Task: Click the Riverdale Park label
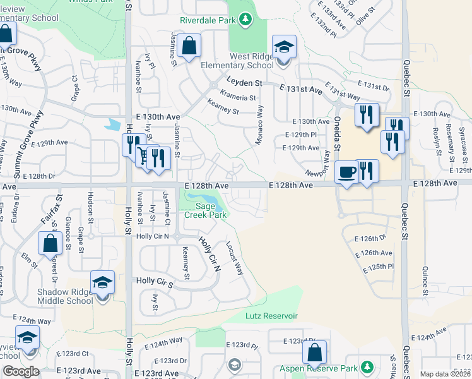click(x=208, y=20)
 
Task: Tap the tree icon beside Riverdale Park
click(x=245, y=20)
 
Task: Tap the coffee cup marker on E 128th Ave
click(x=346, y=171)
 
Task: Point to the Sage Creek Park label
click(x=206, y=210)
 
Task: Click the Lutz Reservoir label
click(x=271, y=316)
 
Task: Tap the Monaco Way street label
click(x=259, y=124)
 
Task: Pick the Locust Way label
click(x=235, y=260)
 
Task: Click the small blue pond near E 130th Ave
click(x=114, y=124)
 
